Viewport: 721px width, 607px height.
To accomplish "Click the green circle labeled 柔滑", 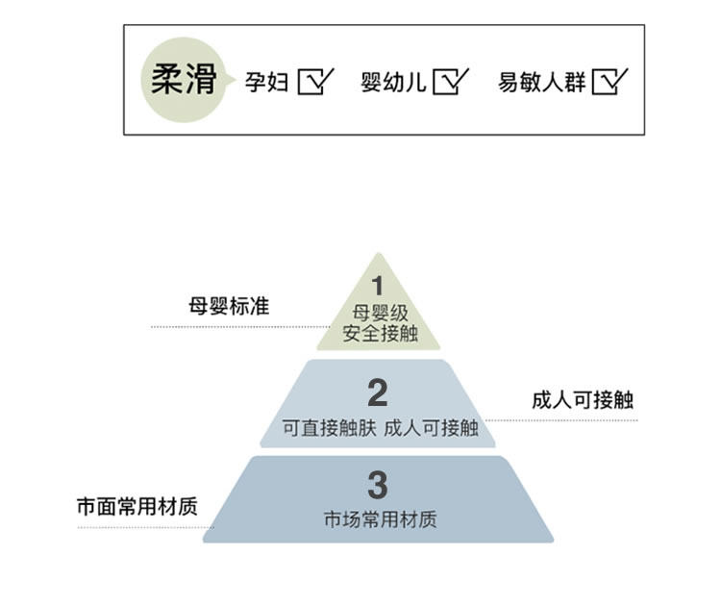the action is [x=183, y=81].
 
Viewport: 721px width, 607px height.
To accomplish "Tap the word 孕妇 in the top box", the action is [x=266, y=82].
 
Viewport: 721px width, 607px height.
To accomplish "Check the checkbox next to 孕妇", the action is [x=314, y=82].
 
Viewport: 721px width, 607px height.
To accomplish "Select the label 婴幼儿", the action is [x=392, y=82].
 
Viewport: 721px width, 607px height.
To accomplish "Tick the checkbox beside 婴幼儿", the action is [x=449, y=82].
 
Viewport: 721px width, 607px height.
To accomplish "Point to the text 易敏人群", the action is [x=541, y=82].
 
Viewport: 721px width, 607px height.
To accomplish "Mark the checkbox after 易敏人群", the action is [x=609, y=82].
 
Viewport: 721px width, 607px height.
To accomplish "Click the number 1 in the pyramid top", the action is [x=378, y=286].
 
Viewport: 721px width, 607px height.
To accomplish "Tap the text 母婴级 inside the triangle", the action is [x=378, y=313].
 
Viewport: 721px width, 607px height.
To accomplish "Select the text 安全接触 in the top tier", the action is [x=378, y=334].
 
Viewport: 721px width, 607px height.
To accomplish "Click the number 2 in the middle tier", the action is [x=378, y=393].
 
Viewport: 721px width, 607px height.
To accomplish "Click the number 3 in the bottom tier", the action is [x=378, y=485].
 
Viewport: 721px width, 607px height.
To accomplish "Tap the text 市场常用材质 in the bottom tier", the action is [x=380, y=520].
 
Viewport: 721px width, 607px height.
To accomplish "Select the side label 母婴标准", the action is [x=229, y=307].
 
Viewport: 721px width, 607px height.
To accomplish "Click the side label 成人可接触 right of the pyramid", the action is [x=583, y=400].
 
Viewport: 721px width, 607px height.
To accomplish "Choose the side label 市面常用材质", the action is [x=137, y=506].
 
